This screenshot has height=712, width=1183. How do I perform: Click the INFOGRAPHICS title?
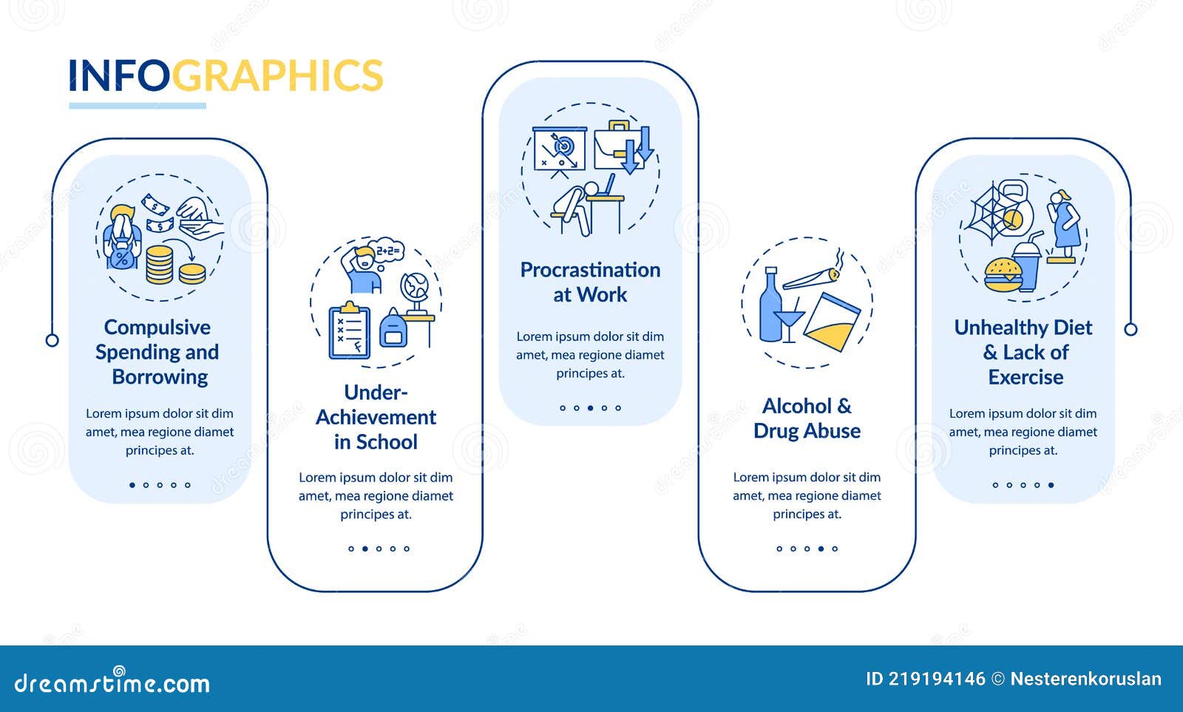226,75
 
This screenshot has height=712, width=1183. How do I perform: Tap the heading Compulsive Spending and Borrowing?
158,352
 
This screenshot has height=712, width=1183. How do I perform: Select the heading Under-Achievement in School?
376,417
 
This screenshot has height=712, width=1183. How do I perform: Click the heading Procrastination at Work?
591,282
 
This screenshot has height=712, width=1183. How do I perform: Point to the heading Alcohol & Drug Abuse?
807,418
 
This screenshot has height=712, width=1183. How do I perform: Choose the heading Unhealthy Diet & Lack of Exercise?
1023,352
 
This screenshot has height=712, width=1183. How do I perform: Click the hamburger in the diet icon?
1003,274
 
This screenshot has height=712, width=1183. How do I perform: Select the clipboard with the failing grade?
349,331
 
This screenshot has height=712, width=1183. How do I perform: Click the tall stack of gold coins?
159,265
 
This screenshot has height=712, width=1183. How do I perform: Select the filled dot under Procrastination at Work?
591,408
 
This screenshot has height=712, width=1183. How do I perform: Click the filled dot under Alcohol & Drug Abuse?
821,549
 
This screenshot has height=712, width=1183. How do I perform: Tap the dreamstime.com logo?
112,682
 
